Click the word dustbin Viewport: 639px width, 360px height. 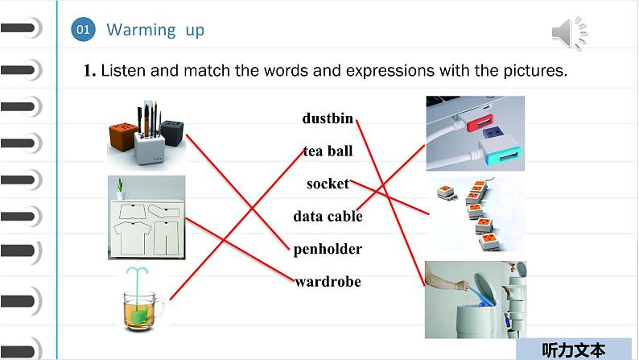pyautogui.click(x=328, y=118)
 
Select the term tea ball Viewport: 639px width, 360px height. pyautogui.click(x=328, y=151)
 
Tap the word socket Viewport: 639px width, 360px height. pyautogui.click(x=328, y=184)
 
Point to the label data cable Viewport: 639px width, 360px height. pyautogui.click(x=328, y=216)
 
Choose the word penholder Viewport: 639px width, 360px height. pyautogui.click(x=328, y=249)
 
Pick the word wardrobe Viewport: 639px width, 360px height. pyautogui.click(x=328, y=281)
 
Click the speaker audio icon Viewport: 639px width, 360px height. pyautogui.click(x=570, y=32)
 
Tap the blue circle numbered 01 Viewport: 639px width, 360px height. pyautogui.click(x=83, y=29)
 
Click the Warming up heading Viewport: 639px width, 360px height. pyautogui.click(x=155, y=30)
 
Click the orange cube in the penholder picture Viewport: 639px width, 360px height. pyautogui.click(x=122, y=136)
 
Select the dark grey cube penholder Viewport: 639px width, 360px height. pyautogui.click(x=172, y=133)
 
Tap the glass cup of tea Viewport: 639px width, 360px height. pyautogui.click(x=142, y=310)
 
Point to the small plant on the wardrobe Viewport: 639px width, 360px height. pyautogui.click(x=120, y=188)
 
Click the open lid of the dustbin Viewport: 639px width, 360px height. pyautogui.click(x=485, y=288)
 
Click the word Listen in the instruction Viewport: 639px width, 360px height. pyautogui.click(x=123, y=71)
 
